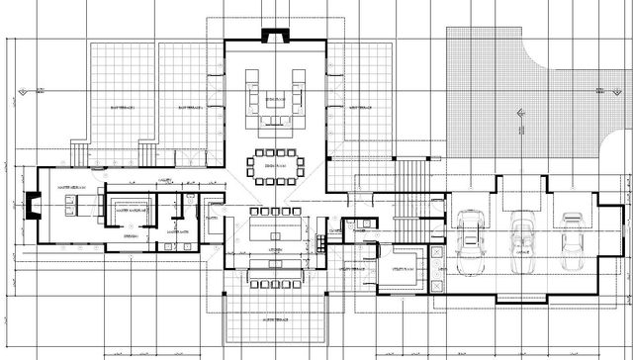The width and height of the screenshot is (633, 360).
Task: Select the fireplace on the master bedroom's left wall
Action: [31, 209]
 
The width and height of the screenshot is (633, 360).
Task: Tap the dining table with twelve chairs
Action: [274, 164]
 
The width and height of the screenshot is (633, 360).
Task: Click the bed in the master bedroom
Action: [75, 204]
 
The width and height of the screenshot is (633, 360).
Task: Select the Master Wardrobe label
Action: [130, 209]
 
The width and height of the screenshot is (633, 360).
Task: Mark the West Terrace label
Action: [122, 106]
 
